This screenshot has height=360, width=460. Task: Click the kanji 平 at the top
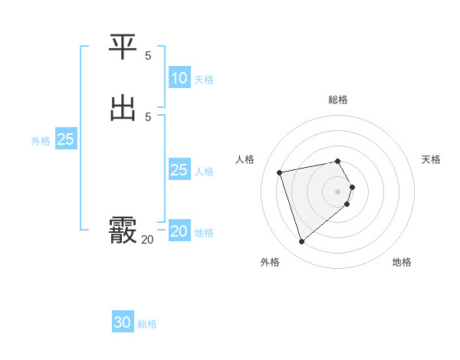click(123, 47)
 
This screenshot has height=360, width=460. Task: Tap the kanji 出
click(123, 108)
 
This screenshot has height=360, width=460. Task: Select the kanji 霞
click(123, 230)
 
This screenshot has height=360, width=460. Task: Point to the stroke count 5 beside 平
click(148, 55)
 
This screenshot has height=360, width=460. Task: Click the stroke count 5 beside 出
click(148, 116)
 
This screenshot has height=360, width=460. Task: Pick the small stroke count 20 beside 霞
click(147, 240)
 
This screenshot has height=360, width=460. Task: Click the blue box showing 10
click(179, 78)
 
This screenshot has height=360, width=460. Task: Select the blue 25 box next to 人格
click(179, 170)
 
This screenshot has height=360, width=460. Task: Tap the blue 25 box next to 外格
click(66, 139)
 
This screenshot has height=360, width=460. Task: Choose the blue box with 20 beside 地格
click(179, 231)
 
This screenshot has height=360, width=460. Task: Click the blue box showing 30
click(123, 322)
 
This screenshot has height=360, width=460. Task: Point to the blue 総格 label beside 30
click(147, 324)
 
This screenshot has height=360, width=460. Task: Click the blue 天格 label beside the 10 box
click(204, 80)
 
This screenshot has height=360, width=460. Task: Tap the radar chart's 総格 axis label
click(338, 100)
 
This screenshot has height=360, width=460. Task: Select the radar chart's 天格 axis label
click(431, 159)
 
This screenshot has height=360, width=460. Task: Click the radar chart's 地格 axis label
click(402, 262)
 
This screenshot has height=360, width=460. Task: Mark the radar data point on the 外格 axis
click(301, 241)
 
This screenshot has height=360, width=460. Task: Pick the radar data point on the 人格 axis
click(280, 172)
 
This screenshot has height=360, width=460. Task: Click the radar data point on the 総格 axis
click(338, 161)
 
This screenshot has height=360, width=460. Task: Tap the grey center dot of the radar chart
click(338, 191)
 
